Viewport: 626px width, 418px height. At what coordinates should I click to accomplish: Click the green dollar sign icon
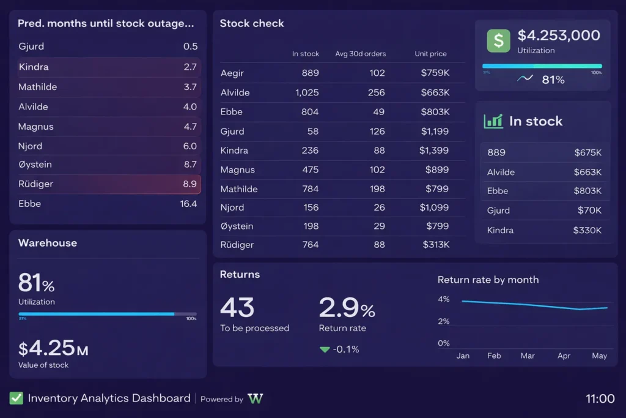tap(498, 41)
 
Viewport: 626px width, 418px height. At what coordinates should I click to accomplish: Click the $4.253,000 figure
tap(559, 35)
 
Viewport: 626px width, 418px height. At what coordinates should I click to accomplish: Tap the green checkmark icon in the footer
tap(17, 398)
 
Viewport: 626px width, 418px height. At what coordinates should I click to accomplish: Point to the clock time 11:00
tap(600, 399)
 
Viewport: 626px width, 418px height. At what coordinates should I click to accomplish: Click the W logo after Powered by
tap(256, 399)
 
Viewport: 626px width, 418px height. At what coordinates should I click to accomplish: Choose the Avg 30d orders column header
tap(360, 54)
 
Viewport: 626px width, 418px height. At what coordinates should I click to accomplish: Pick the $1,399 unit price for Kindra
tap(434, 150)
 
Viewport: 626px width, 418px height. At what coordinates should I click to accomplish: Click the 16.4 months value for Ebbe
tap(188, 204)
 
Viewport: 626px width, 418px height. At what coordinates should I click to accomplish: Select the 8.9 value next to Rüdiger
tap(190, 184)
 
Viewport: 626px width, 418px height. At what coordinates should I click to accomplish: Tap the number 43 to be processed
tap(237, 308)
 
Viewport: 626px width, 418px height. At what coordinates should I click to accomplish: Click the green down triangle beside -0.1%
tap(325, 349)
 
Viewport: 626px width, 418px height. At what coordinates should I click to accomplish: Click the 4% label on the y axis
tap(443, 299)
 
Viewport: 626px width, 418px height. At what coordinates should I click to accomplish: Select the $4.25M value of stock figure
tap(53, 348)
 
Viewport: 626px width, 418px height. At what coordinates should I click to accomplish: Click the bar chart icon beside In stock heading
tap(493, 121)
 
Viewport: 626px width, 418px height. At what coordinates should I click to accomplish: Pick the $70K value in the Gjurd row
tap(589, 211)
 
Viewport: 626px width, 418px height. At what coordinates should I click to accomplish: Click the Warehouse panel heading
tap(48, 243)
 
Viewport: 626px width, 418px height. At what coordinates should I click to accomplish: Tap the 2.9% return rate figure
tap(347, 308)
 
